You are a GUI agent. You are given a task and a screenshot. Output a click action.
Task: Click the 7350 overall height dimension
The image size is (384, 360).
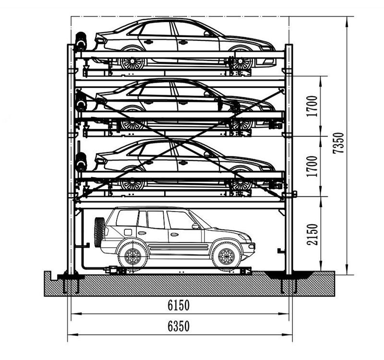tap(338, 143)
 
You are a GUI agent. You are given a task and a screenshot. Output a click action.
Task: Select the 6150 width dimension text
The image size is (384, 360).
tap(179, 305)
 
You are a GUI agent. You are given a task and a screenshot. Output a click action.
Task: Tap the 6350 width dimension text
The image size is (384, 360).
tap(179, 326)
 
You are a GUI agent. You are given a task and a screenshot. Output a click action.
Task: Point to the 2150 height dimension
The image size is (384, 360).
tap(312, 234)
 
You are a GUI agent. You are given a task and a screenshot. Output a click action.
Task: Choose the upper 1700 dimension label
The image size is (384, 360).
tap(312, 106)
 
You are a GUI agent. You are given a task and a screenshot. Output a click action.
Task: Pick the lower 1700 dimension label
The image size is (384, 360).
tap(312, 166)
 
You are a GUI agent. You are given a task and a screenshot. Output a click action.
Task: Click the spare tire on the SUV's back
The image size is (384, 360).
tap(99, 232)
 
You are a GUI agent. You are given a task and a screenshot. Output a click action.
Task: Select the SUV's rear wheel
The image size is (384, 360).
tap(133, 256)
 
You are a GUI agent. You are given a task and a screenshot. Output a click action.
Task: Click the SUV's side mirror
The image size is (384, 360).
tap(196, 226)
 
